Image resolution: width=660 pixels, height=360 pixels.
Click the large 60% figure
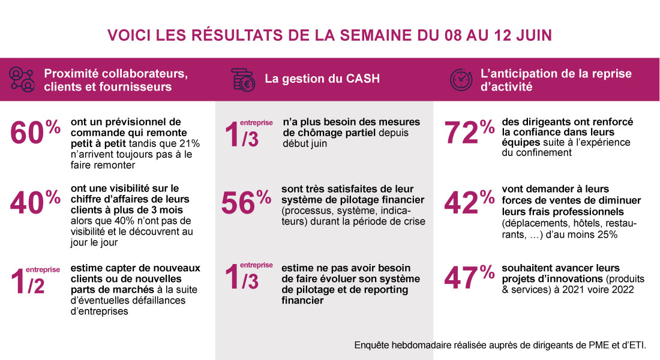click(35, 133)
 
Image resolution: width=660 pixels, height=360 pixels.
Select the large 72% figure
click(469, 133)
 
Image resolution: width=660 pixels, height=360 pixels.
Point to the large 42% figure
click(469, 203)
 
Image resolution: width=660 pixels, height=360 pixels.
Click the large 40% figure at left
click(35, 203)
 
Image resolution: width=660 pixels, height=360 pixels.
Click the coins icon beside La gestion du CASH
click(244, 79)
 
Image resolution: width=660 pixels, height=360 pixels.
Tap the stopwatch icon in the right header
click(461, 79)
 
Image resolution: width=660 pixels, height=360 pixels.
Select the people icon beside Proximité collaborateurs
click(21, 79)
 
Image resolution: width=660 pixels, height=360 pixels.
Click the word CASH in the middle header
click(363, 79)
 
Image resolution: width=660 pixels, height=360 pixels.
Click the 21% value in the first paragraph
click(190, 143)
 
